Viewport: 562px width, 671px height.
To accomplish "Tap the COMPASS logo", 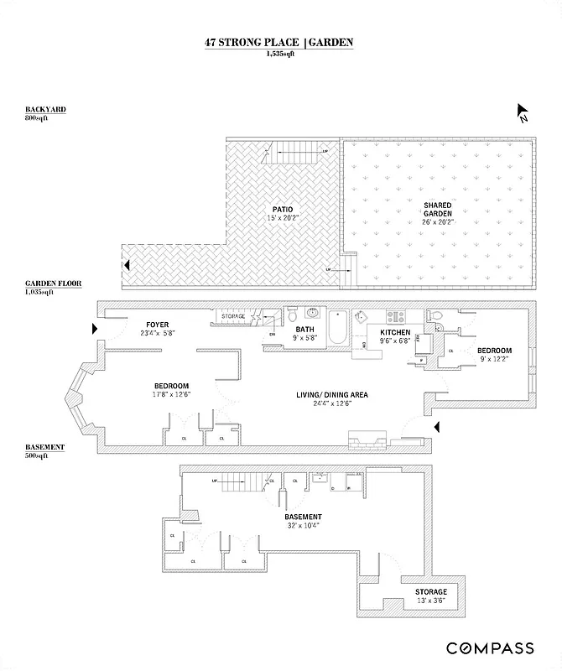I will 490,648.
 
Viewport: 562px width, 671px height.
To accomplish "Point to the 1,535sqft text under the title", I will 280,54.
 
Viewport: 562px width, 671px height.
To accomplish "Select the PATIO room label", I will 281,209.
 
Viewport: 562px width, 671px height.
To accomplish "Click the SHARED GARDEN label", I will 438,210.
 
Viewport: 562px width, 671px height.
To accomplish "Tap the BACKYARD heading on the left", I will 45,110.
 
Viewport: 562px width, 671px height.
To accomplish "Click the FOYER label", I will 158,325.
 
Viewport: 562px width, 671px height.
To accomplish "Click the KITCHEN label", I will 394,333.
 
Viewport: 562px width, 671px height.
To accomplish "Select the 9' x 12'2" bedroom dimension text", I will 494,359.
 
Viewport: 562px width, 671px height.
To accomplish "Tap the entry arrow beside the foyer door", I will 95,330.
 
